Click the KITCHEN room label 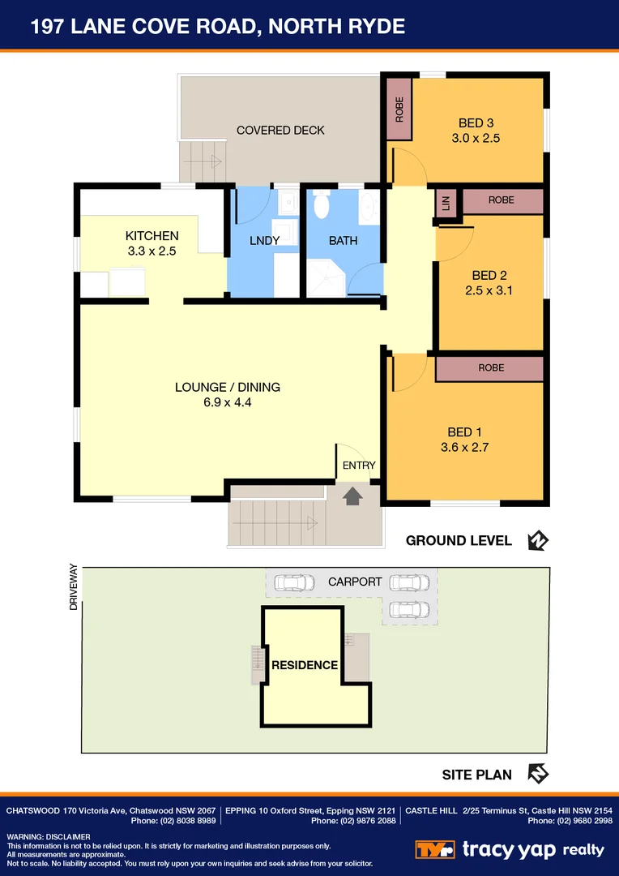pos(152,236)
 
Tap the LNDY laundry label pos(265,241)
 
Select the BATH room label pos(343,241)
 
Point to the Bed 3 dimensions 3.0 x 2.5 pos(476,138)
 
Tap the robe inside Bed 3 pos(399,110)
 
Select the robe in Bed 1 pos(490,368)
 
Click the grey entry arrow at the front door pos(352,496)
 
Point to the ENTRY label pos(359,466)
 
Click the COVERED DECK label pos(280,131)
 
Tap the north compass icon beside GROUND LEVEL pos(537,540)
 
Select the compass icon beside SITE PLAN pos(537,774)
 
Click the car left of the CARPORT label pos(294,582)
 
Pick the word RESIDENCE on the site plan pos(304,665)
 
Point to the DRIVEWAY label pos(74,587)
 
